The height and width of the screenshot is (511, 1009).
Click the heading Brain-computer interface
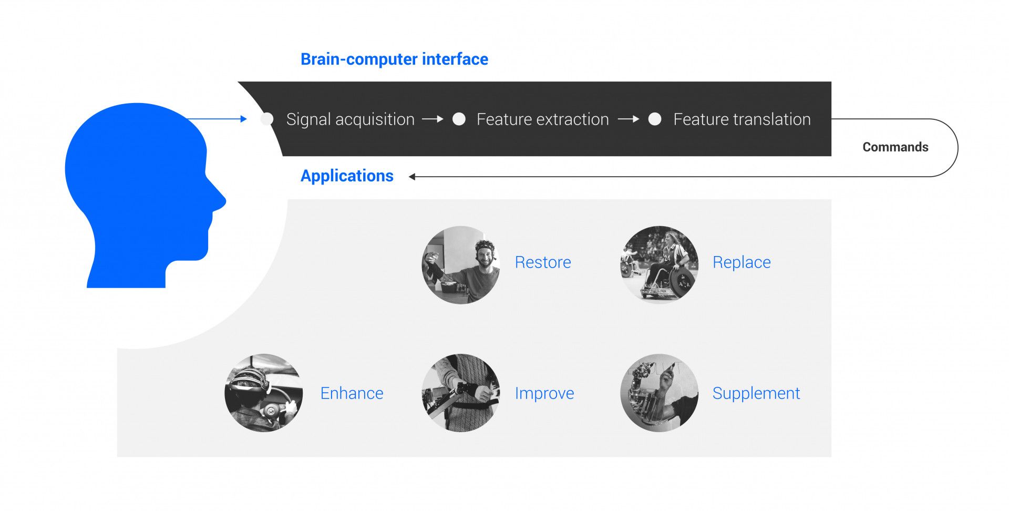pyautogui.click(x=394, y=59)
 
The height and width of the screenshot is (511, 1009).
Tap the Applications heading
pyautogui.click(x=347, y=176)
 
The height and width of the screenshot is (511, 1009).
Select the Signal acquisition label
pyautogui.click(x=351, y=119)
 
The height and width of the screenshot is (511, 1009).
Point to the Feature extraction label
pyautogui.click(x=542, y=119)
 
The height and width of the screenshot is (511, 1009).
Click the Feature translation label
pyautogui.click(x=742, y=119)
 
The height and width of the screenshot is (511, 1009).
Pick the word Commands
pyautogui.click(x=895, y=147)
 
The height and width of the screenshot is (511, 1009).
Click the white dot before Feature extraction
pyautogui.click(x=459, y=119)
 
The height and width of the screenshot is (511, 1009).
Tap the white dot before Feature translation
pyautogui.click(x=655, y=119)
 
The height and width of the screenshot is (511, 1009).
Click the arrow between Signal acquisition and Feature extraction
pyautogui.click(x=433, y=119)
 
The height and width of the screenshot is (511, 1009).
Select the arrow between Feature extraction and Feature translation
pyautogui.click(x=629, y=119)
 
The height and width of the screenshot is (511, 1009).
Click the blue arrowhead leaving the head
pyautogui.click(x=243, y=119)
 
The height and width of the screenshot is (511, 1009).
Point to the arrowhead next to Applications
pyautogui.click(x=412, y=177)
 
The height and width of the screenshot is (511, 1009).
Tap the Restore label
pyautogui.click(x=543, y=262)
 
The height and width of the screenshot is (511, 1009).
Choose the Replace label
pyautogui.click(x=742, y=262)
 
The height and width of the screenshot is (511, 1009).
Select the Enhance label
pyautogui.click(x=352, y=393)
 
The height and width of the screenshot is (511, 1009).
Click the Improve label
pyautogui.click(x=544, y=393)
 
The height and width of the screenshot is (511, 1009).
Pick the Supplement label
pyautogui.click(x=756, y=393)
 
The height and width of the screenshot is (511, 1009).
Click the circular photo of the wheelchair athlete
pyautogui.click(x=660, y=265)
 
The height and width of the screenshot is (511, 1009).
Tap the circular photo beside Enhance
pyautogui.click(x=264, y=393)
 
